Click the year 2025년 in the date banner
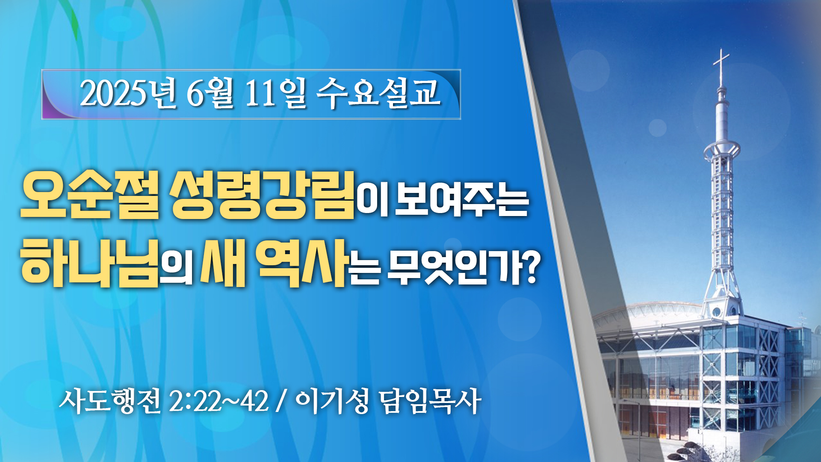(x=127, y=93)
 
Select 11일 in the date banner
(x=276, y=93)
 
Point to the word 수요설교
(x=378, y=93)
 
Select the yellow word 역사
(x=302, y=262)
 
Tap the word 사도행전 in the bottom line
(x=110, y=401)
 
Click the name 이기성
(x=332, y=401)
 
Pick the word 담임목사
(x=430, y=401)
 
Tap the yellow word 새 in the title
(x=223, y=262)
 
